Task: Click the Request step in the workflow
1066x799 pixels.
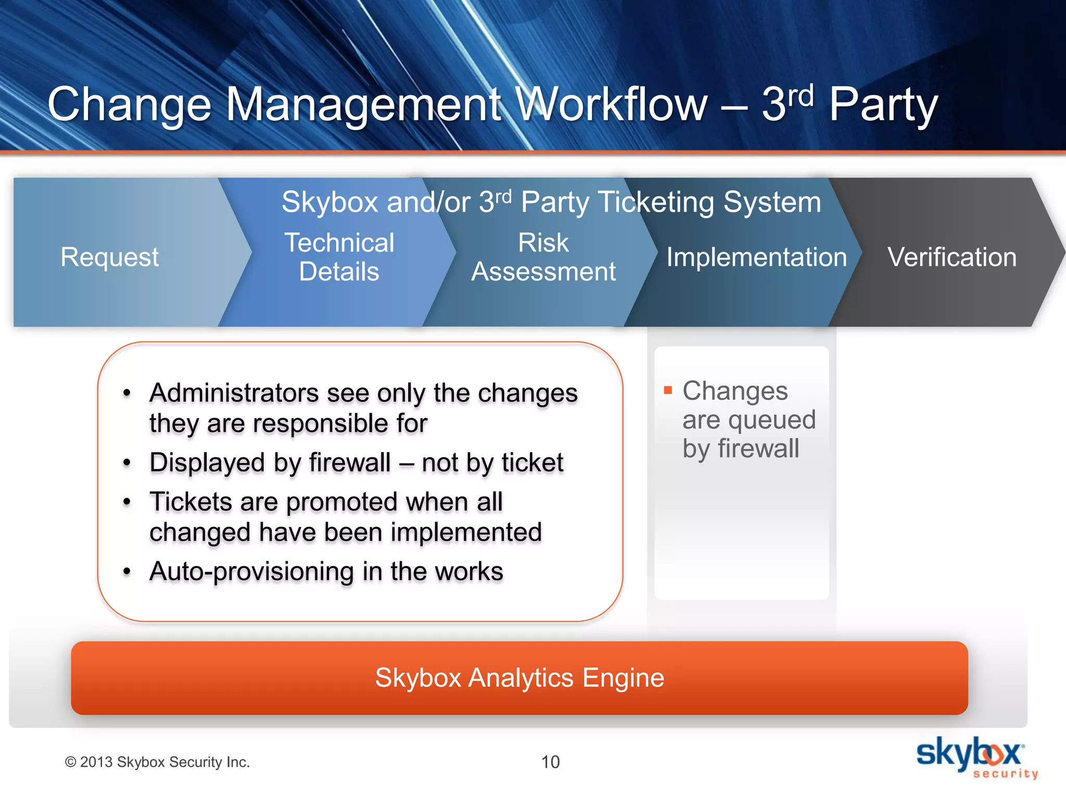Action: pyautogui.click(x=109, y=257)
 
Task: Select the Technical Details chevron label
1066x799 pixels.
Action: pyautogui.click(x=339, y=257)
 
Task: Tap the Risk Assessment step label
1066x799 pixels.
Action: pyautogui.click(x=543, y=257)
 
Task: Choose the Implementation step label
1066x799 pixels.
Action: pyautogui.click(x=756, y=257)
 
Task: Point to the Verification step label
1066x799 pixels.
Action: pyautogui.click(x=951, y=257)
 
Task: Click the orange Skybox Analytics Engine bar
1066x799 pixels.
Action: pyautogui.click(x=519, y=678)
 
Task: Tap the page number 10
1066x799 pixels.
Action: pyautogui.click(x=550, y=762)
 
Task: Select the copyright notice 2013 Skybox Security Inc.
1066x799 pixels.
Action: pyautogui.click(x=157, y=762)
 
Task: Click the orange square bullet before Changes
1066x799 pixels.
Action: pyautogui.click(x=668, y=390)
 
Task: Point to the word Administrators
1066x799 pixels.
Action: pyautogui.click(x=234, y=393)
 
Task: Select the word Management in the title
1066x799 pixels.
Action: pyautogui.click(x=363, y=104)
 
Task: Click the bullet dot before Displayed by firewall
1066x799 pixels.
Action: pyautogui.click(x=127, y=462)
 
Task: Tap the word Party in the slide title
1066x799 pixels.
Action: pyautogui.click(x=883, y=104)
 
